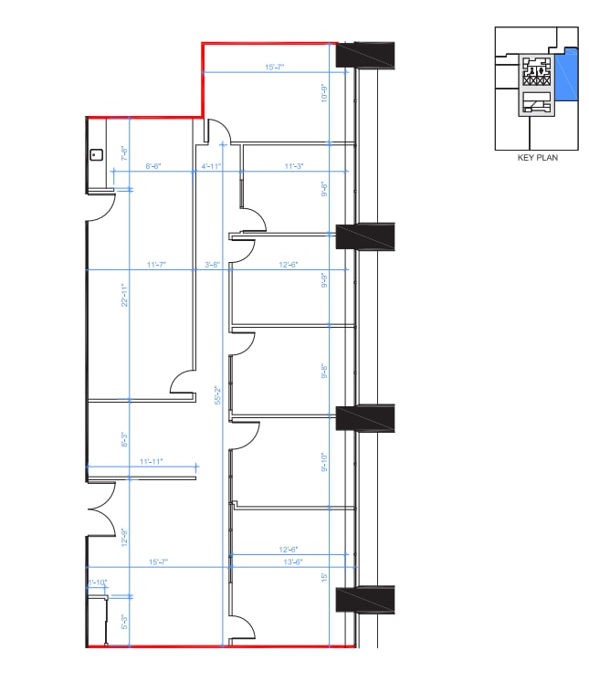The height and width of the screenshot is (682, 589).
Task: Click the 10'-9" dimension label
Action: (x=324, y=93)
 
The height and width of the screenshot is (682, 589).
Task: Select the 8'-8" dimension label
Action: (x=153, y=166)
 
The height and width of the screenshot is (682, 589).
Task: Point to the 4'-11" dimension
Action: (x=211, y=166)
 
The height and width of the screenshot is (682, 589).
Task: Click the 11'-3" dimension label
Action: (x=293, y=166)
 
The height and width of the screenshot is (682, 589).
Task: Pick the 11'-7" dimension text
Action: (x=157, y=265)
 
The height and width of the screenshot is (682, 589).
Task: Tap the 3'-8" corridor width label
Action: (x=211, y=265)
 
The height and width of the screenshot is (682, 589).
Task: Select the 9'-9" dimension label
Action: (x=324, y=280)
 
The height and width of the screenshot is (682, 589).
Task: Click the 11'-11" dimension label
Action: (x=150, y=462)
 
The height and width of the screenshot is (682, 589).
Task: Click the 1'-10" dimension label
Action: (x=97, y=582)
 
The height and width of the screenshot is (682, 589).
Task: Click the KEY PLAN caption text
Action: (x=537, y=157)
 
